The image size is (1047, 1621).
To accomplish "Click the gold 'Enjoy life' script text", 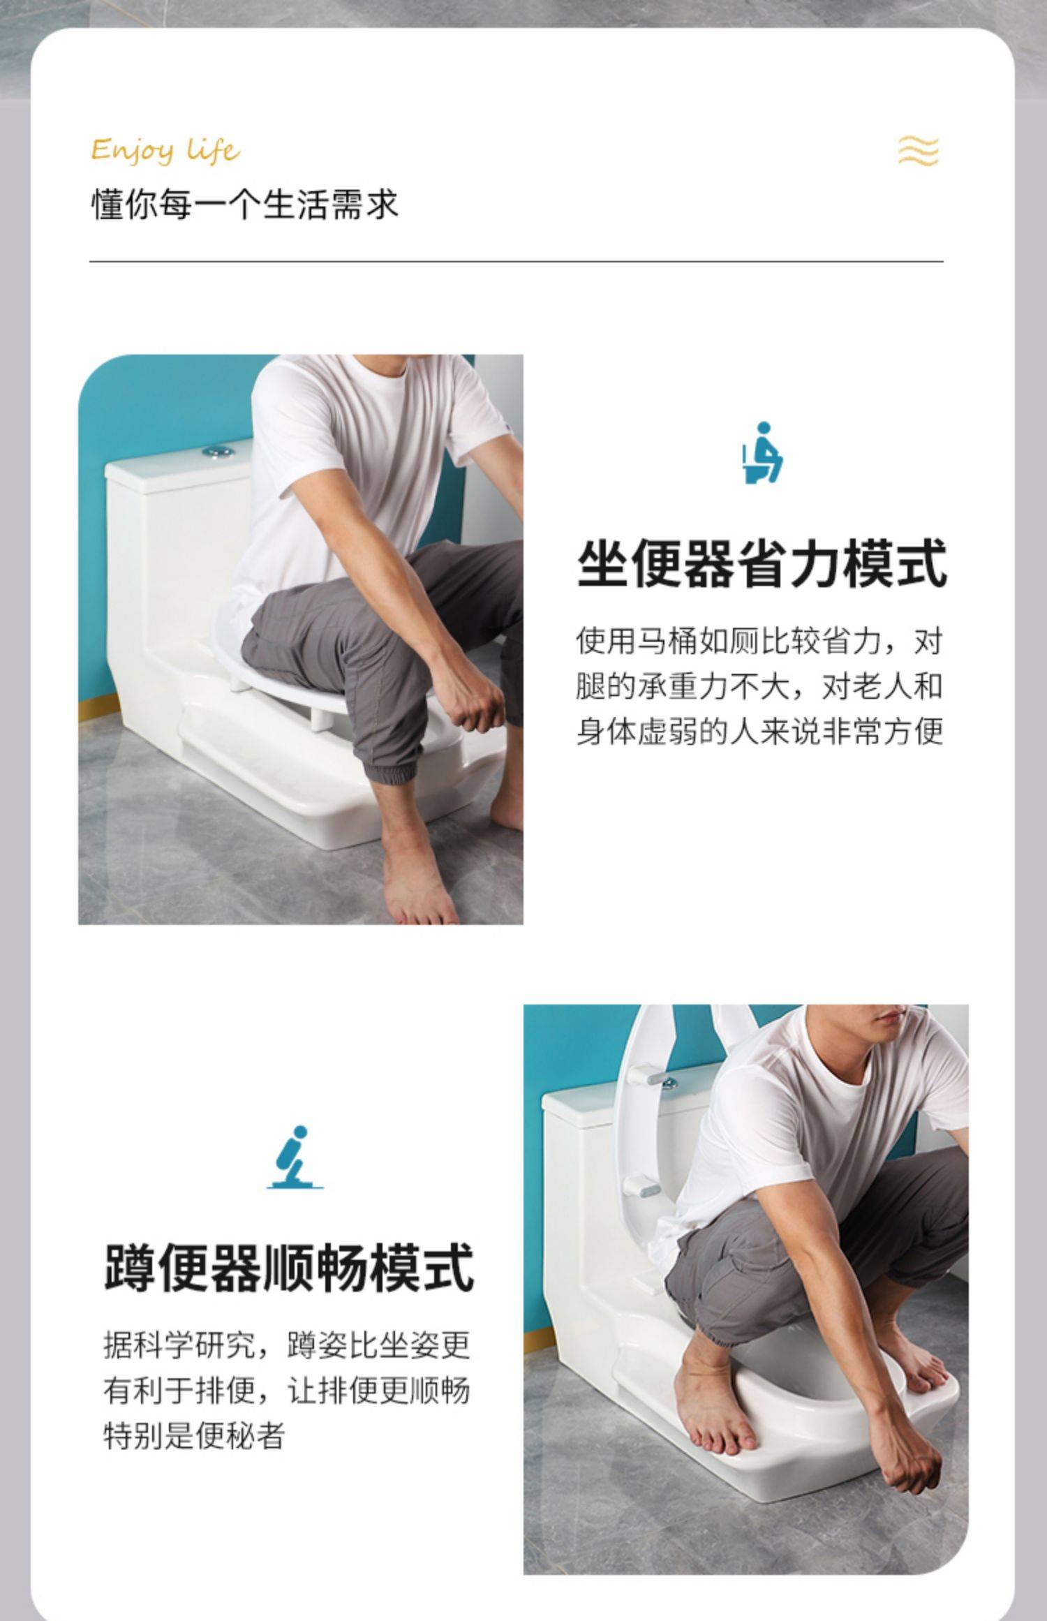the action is [x=166, y=150].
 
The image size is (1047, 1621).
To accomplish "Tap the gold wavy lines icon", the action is [x=918, y=151].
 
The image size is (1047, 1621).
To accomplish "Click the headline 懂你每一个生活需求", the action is [x=244, y=205].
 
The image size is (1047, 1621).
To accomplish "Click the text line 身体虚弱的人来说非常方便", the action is [x=759, y=732].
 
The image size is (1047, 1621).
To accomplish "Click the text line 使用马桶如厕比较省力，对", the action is [x=759, y=641].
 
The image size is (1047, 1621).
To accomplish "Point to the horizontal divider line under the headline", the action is [x=517, y=262].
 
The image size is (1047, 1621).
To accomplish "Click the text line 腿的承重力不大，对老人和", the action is [x=759, y=686].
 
